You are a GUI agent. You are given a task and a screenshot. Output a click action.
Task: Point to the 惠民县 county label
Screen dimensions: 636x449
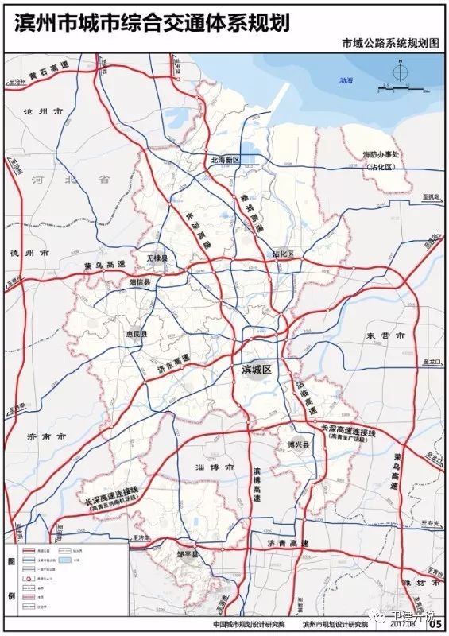[x=137, y=334]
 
